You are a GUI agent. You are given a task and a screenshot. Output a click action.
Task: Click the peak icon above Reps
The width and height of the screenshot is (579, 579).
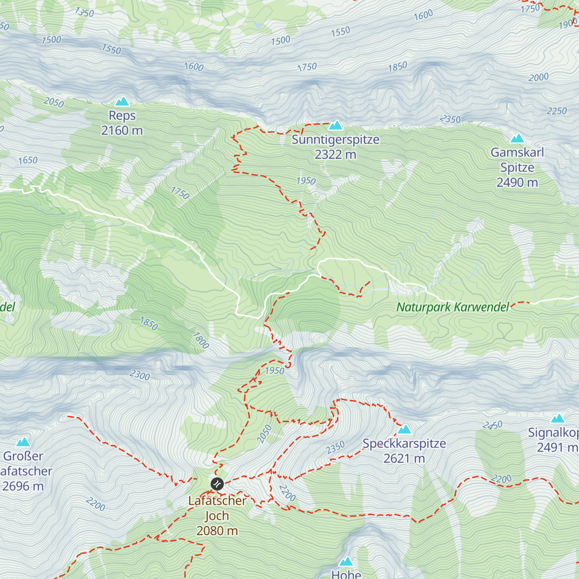click(122, 101)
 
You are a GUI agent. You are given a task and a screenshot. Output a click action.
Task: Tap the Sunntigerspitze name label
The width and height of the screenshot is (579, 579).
click(335, 140)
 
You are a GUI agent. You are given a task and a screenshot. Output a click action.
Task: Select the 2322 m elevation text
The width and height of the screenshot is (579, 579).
click(335, 154)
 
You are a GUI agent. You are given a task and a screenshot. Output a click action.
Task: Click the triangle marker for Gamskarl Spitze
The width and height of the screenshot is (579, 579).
click(517, 138)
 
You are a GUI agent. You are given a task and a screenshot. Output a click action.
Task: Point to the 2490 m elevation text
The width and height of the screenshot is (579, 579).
click(517, 182)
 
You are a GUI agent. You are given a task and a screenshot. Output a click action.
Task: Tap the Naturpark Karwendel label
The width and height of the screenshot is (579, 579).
click(453, 307)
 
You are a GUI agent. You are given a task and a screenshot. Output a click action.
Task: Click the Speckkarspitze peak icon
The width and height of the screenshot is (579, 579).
click(404, 429)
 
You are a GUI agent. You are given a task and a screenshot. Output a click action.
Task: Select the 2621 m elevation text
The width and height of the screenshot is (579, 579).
click(404, 458)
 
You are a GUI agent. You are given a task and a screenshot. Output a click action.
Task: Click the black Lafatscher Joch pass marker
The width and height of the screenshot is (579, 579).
click(217, 483)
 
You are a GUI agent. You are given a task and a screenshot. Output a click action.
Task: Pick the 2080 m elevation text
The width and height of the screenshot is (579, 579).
click(217, 531)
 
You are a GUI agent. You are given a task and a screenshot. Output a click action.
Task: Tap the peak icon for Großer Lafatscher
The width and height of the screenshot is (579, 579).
click(23, 442)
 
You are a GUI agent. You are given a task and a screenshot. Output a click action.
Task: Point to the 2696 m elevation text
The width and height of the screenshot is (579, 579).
click(23, 486)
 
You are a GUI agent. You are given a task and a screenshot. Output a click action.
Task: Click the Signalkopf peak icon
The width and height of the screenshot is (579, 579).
click(558, 418)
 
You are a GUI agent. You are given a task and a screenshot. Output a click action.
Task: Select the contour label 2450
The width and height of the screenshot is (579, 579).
click(493, 426)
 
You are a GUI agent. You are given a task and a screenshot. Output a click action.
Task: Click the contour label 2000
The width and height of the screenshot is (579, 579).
click(538, 77)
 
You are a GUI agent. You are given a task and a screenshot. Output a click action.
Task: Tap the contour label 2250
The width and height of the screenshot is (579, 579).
click(556, 111)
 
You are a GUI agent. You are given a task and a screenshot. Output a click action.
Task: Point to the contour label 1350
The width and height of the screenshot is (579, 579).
click(84, 12)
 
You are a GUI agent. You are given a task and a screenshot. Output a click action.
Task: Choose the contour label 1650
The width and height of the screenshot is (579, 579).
click(28, 160)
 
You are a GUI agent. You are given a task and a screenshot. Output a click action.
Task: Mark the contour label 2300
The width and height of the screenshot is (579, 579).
click(140, 375)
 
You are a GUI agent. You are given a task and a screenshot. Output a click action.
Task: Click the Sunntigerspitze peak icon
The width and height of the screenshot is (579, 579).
click(335, 125)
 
